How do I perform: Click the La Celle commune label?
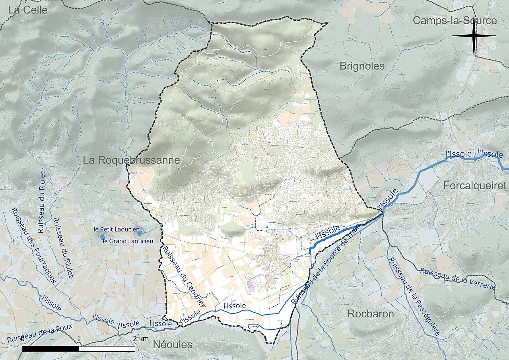(27, 10)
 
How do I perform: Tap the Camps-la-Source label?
(455, 21)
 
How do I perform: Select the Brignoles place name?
(362, 66)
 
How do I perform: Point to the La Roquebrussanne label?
(131, 160)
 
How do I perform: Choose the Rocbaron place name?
(371, 313)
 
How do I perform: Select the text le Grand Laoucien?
(128, 241)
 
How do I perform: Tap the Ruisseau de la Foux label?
(40, 333)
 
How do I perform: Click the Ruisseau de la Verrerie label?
(458, 279)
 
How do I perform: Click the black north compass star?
(474, 36)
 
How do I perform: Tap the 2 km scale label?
(141, 339)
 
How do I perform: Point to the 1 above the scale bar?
(79, 339)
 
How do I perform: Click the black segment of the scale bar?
(51, 349)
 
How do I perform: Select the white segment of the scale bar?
(107, 349)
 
